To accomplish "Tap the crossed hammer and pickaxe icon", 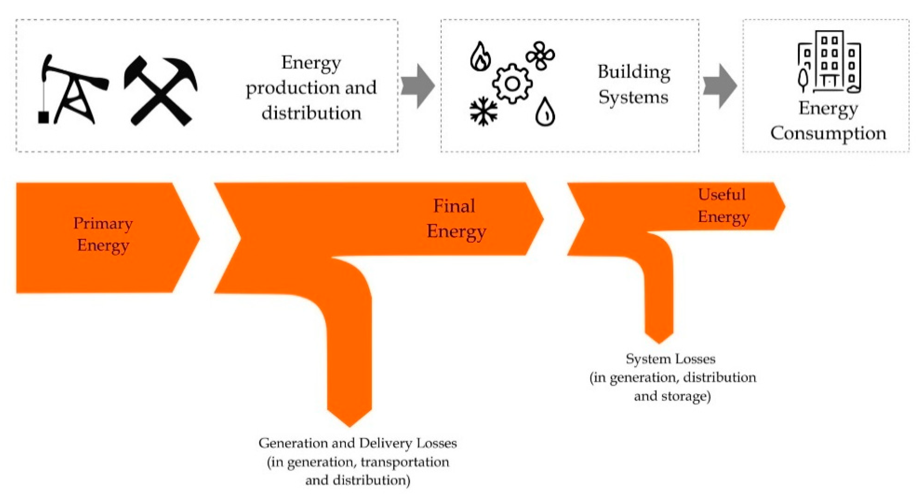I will click(161, 91).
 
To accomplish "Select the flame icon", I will click(480, 57).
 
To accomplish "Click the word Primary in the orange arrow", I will click(103, 224).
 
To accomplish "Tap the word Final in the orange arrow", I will click(454, 206).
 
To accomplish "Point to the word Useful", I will click(722, 195).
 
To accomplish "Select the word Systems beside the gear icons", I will click(633, 97).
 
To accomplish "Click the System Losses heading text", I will click(670, 359).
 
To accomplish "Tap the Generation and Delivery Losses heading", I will click(357, 443).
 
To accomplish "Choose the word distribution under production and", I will click(311, 113).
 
